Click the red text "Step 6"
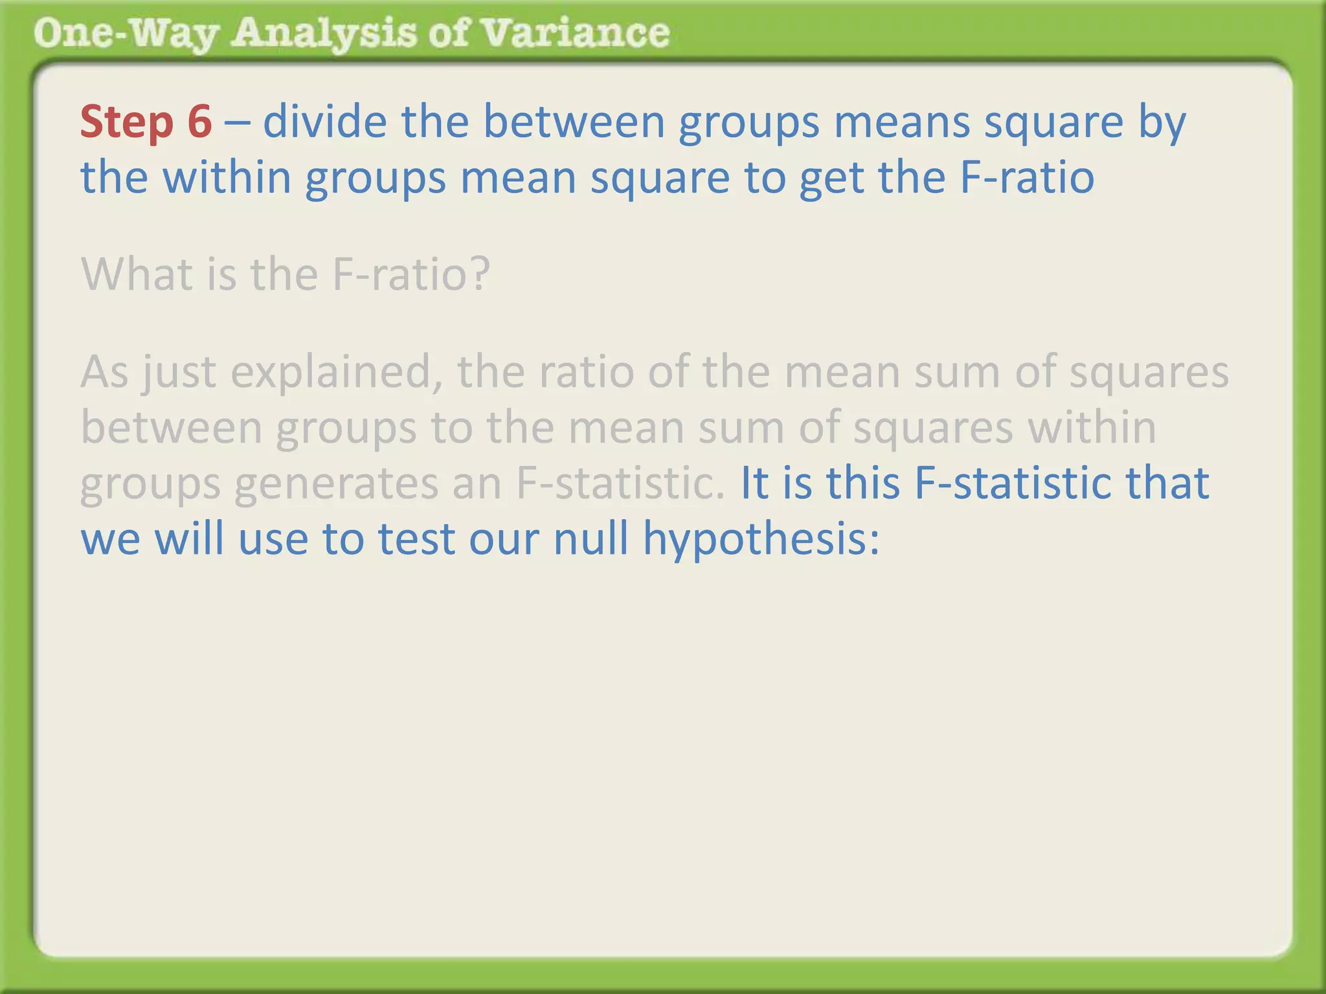[146, 122]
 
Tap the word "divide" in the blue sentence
[324, 122]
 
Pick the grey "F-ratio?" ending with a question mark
[411, 274]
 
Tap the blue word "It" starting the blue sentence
[754, 483]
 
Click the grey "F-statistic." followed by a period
[620, 483]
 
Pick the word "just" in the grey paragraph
[179, 373]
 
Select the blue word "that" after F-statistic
[1167, 483]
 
